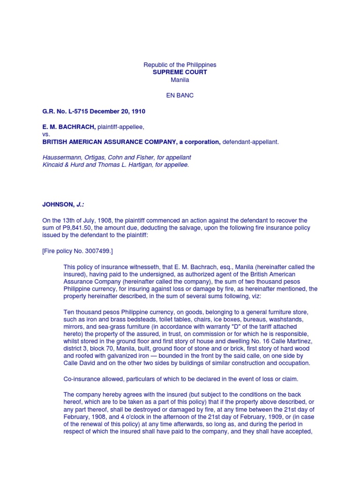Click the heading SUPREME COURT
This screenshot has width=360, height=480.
point(180,72)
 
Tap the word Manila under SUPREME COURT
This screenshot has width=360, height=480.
point(180,80)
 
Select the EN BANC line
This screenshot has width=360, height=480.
point(180,95)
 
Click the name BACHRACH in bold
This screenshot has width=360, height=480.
point(76,127)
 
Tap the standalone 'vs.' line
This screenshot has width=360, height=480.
point(45,134)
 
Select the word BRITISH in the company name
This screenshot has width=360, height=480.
point(55,142)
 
